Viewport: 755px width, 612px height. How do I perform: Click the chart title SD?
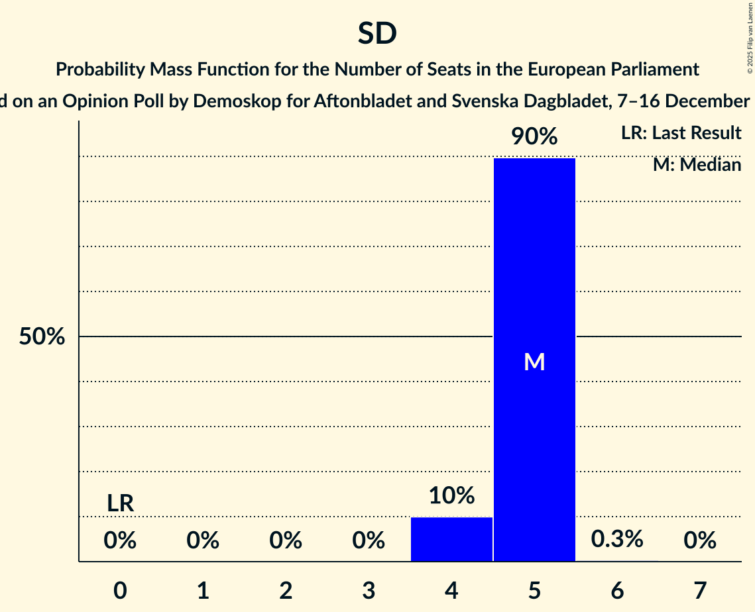click(x=377, y=33)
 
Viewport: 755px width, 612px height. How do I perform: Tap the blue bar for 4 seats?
click(x=451, y=539)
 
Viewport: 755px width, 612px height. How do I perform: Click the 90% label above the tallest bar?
click(x=534, y=137)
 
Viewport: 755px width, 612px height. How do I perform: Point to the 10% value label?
click(x=451, y=495)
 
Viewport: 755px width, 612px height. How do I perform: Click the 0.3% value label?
click(x=617, y=539)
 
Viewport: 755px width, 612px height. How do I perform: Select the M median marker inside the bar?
click(x=534, y=362)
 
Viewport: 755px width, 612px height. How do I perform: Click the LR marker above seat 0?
click(x=120, y=503)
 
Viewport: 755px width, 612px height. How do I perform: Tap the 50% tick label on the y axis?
click(x=42, y=336)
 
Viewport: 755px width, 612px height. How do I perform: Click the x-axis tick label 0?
click(x=120, y=590)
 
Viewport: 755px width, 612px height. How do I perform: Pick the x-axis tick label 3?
click(x=369, y=590)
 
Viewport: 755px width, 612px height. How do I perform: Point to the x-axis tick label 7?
click(x=700, y=590)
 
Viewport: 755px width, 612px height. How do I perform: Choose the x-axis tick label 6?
click(x=617, y=590)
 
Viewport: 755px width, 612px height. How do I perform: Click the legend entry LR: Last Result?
click(x=681, y=133)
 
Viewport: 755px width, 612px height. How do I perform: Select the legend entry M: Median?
click(x=697, y=164)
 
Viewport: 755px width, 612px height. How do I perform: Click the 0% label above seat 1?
click(x=203, y=541)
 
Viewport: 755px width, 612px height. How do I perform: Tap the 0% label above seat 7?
click(x=700, y=541)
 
